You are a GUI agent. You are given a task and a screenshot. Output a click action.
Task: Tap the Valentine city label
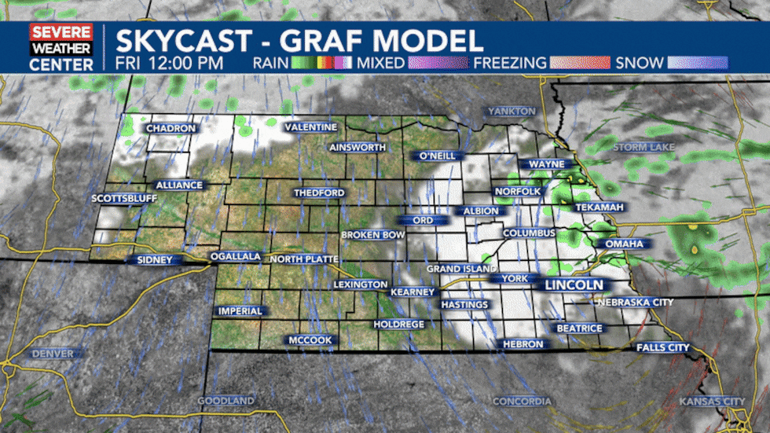(310, 127)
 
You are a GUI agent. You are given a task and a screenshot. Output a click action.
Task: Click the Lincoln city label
(574, 284)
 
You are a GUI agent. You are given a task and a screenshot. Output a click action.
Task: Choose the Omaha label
(624, 244)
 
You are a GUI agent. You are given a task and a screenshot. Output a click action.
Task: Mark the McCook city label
(310, 340)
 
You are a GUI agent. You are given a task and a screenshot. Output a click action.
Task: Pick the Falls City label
(662, 347)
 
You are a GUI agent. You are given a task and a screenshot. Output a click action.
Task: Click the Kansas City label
(712, 402)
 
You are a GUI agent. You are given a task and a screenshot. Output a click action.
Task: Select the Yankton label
(511, 112)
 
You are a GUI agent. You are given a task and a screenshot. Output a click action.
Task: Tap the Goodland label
(225, 401)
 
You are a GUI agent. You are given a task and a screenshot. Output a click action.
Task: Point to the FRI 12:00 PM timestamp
(169, 63)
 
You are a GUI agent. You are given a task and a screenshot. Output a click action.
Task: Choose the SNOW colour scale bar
(697, 63)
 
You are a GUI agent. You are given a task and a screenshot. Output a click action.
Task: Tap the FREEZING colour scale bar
(580, 63)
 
